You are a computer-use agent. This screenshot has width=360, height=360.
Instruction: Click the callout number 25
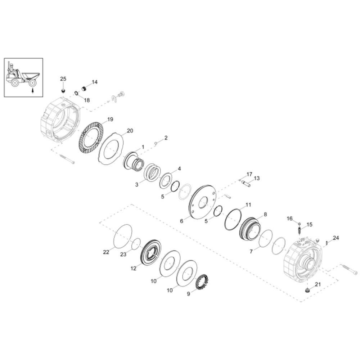coord(63,79)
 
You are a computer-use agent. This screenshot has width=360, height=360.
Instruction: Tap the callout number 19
coord(110,120)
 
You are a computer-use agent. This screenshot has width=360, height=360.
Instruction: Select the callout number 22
coord(106,252)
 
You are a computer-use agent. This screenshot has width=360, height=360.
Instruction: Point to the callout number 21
coord(318,284)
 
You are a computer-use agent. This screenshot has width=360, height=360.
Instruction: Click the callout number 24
coord(336,238)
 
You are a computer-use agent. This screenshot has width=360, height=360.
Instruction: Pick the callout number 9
coord(189,294)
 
